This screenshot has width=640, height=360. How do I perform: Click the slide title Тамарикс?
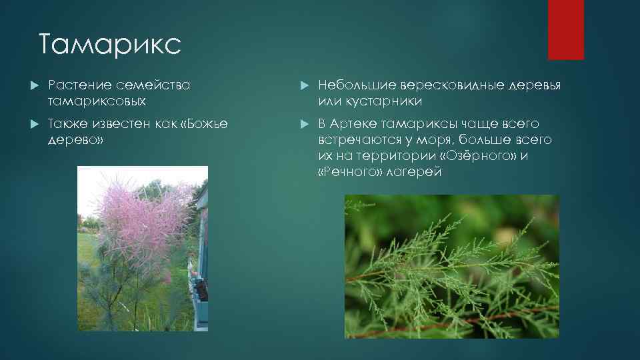[x=109, y=45]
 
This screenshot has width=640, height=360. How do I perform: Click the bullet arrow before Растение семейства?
[x=35, y=86]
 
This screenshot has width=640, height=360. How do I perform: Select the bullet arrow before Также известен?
[x=35, y=125]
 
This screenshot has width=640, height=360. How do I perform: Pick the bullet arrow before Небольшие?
[x=304, y=86]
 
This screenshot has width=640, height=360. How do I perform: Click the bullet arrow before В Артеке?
[x=304, y=125]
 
